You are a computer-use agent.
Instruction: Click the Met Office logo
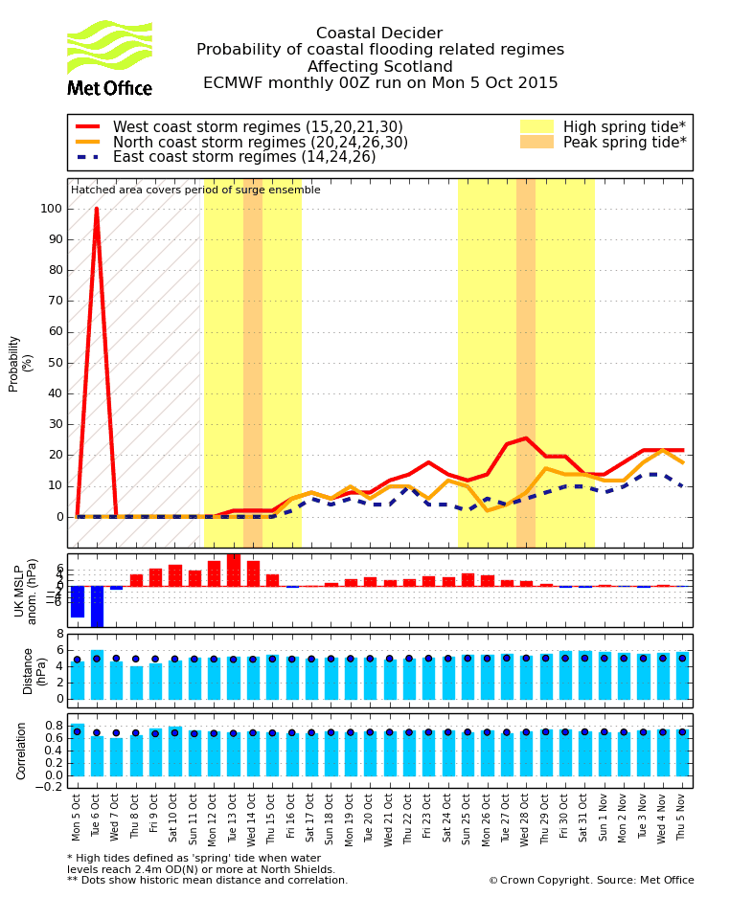coord(109,58)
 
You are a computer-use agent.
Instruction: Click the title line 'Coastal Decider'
coord(379,34)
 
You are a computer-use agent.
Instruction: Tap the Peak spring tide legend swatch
coord(536,142)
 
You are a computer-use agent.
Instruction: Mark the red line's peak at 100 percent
coord(96,209)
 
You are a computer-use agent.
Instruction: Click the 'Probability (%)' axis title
coord(20,363)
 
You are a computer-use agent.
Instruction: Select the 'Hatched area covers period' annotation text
coord(195,191)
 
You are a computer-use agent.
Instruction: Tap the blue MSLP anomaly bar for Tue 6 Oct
coord(97,606)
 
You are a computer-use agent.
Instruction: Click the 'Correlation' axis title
coord(22,751)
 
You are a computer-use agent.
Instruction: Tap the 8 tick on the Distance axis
coord(59,634)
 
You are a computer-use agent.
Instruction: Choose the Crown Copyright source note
coord(591,881)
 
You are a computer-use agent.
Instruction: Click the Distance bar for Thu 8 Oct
coord(136,683)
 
